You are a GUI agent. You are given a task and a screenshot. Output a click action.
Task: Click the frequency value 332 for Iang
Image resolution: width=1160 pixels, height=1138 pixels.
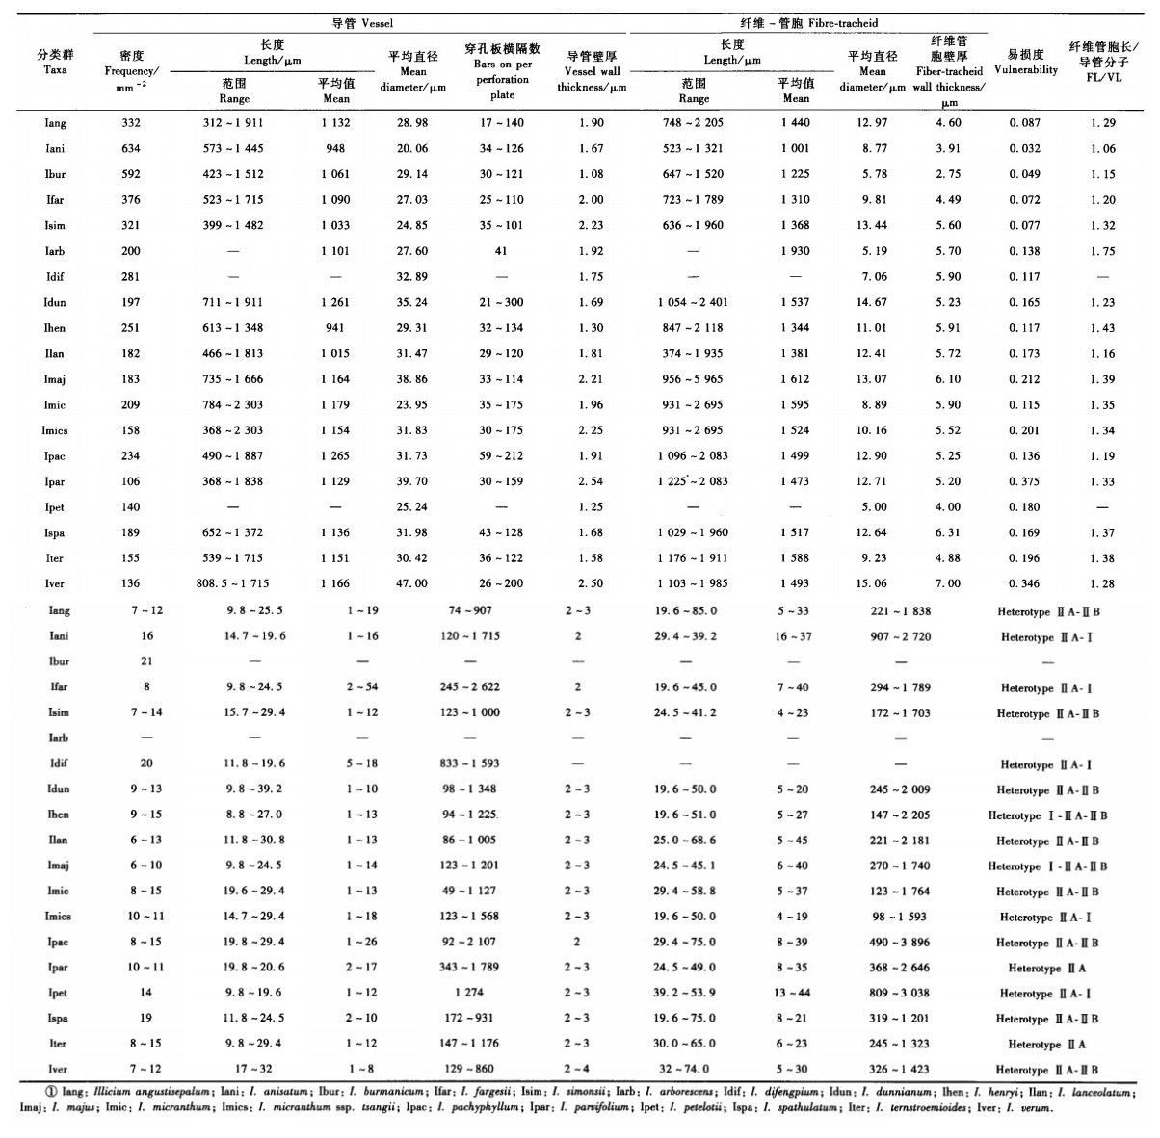131,123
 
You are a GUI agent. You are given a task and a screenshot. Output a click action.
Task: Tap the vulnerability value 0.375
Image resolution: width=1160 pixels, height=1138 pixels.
1024,481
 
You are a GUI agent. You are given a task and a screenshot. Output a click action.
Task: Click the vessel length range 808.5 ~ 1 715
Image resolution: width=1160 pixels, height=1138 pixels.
234,583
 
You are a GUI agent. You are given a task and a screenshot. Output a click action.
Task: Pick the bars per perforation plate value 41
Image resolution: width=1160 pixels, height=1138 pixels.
501,251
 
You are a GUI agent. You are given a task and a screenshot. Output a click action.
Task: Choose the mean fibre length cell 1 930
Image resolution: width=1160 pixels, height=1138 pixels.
796,251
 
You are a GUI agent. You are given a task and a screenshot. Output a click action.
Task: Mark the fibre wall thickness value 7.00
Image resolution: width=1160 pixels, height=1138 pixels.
948,583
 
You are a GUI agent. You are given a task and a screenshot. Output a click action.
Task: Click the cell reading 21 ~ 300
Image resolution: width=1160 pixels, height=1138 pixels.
501,302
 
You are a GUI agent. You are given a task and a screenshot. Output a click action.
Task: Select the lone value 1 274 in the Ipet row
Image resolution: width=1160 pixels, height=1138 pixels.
470,994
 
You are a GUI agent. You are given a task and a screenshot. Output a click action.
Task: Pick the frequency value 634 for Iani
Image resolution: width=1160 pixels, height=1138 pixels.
131,149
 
